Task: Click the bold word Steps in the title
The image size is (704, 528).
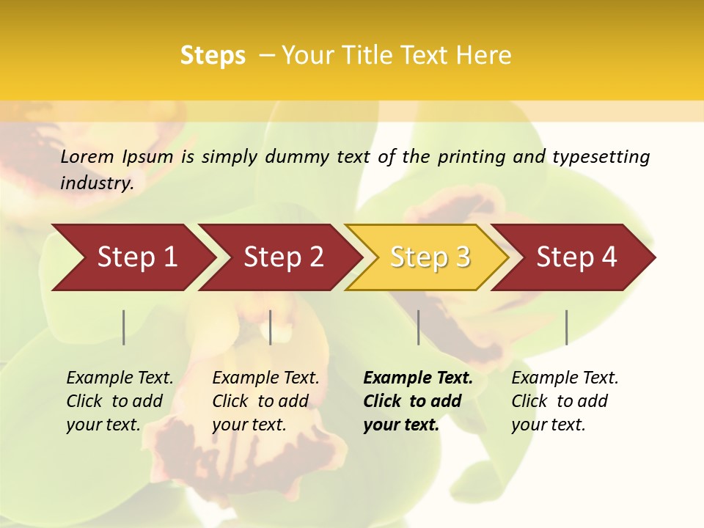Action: pos(213,56)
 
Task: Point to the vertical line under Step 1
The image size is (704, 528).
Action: pos(124,327)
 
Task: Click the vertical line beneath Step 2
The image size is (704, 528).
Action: pos(271,327)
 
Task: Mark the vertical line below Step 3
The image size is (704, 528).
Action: pos(418,327)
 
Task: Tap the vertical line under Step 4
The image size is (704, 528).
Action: pos(566,327)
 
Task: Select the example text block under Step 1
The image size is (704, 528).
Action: pos(120,401)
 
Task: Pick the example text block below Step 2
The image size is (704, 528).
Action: pos(265,401)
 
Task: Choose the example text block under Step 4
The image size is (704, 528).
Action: pos(565,401)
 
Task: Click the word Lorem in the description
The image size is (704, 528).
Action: pos(87,156)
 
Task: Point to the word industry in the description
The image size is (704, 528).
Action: pos(97,183)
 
